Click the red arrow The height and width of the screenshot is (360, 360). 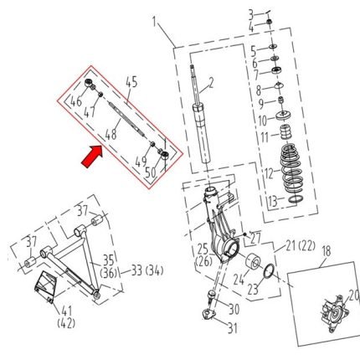pyautogui.click(x=92, y=157)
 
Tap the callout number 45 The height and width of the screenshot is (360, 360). pyautogui.click(x=131, y=83)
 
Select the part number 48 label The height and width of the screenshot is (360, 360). pyautogui.click(x=111, y=135)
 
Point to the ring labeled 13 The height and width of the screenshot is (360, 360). pyautogui.click(x=296, y=199)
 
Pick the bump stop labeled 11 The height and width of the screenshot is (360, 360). pyautogui.click(x=285, y=132)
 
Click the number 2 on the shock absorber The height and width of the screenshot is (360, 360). pyautogui.click(x=211, y=83)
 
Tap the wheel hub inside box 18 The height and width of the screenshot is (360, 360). pyautogui.click(x=334, y=314)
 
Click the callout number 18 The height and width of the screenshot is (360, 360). pyautogui.click(x=327, y=251)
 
